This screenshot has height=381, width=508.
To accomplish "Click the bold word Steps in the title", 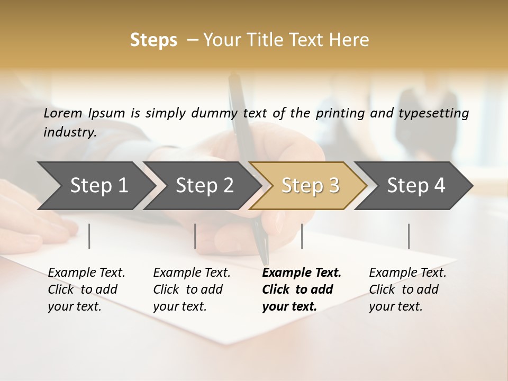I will click(153, 40).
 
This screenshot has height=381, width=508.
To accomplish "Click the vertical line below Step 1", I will click(89, 236).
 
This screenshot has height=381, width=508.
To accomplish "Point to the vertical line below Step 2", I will click(195, 236).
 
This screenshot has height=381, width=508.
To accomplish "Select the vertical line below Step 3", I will click(302, 236).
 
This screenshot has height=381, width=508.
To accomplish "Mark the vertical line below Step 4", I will click(409, 236).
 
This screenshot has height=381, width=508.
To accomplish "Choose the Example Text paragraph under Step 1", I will click(86, 289).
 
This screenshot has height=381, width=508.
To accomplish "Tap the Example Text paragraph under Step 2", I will click(192, 289).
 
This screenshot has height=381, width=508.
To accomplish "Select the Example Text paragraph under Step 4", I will click(407, 289).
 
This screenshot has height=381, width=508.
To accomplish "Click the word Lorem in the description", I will click(63, 113).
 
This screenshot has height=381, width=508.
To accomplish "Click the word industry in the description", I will click(69, 132).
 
